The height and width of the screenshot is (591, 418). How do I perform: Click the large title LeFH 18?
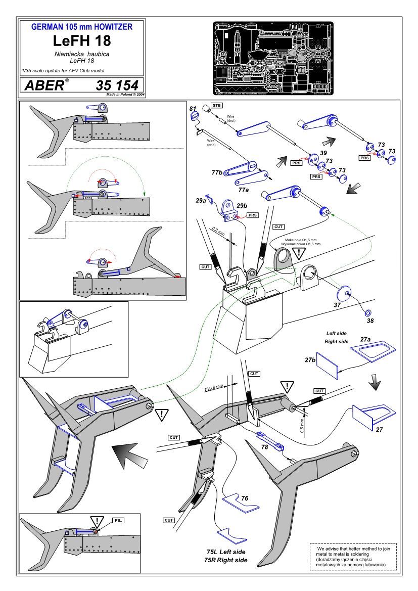82,40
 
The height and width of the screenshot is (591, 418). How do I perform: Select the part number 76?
245,499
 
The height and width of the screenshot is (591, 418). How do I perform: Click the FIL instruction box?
117,520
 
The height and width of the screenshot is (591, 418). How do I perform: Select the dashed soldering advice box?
353,556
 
